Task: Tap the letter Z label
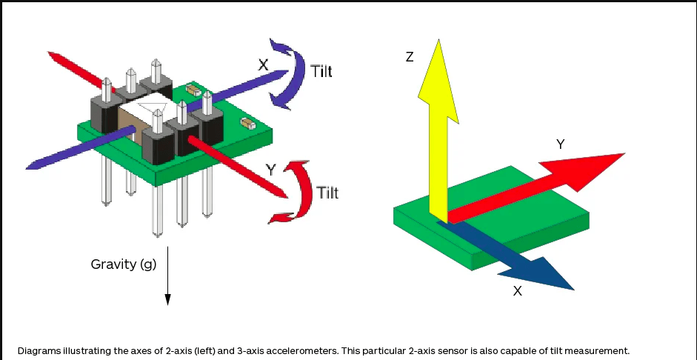(x=410, y=57)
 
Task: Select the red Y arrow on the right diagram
(x=541, y=184)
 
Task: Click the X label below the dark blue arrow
(x=517, y=291)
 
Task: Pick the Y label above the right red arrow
(x=561, y=144)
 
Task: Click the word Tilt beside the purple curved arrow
(x=321, y=72)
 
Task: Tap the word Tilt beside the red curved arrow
(x=327, y=193)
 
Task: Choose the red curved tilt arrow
(x=296, y=190)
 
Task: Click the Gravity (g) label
(x=124, y=264)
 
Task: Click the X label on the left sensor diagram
(x=263, y=65)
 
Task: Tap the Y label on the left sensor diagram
(x=271, y=170)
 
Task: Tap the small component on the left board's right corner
(x=248, y=124)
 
